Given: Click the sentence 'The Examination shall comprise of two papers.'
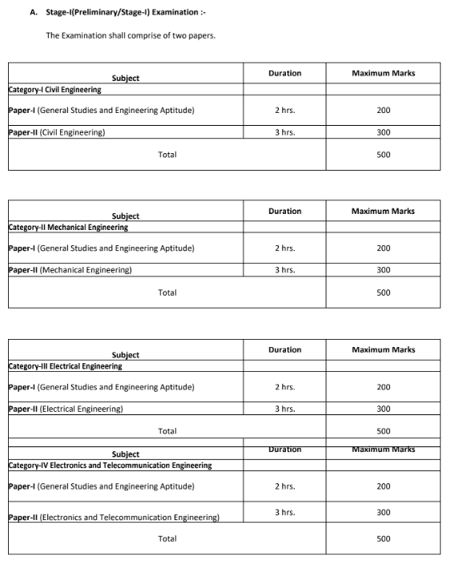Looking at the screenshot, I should (131, 36).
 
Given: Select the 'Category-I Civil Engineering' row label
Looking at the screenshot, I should (54, 90).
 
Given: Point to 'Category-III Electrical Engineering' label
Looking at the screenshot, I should (66, 366).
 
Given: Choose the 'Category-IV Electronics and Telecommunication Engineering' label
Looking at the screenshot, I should (111, 465).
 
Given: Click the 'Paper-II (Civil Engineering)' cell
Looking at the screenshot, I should (57, 132).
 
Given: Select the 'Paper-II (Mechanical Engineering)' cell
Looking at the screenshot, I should (70, 270).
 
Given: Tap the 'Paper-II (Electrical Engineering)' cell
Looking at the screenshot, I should (66, 409).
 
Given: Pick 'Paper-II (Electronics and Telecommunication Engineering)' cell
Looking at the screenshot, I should (114, 517).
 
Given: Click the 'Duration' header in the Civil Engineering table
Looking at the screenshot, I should (284, 73).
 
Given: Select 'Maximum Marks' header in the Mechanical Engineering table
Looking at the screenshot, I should (383, 212).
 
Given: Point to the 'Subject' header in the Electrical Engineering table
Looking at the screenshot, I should (126, 355).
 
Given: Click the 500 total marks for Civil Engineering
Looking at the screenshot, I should (383, 155).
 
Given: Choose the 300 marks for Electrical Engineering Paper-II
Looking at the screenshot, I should (383, 409).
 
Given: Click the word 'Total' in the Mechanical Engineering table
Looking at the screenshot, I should (167, 293).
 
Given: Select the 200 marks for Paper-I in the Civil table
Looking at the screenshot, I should (383, 110).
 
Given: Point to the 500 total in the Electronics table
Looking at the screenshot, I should (383, 539).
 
